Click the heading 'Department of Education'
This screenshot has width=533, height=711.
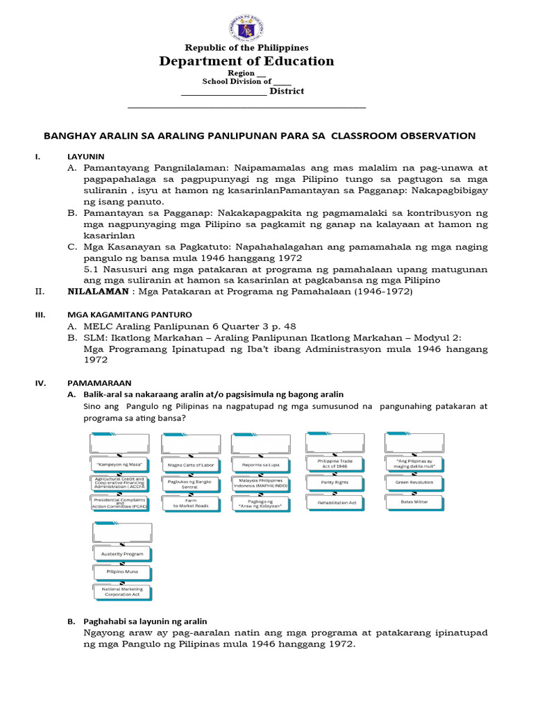[x=246, y=61]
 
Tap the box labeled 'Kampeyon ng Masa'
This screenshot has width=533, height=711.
[x=119, y=464]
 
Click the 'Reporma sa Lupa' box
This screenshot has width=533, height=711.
[x=260, y=465]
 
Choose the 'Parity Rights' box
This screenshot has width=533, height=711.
[x=337, y=481]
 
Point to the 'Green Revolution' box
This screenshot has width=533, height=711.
[x=414, y=481]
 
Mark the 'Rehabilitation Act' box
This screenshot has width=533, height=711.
[x=337, y=501]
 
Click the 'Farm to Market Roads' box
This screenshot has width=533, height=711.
[x=189, y=503]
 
